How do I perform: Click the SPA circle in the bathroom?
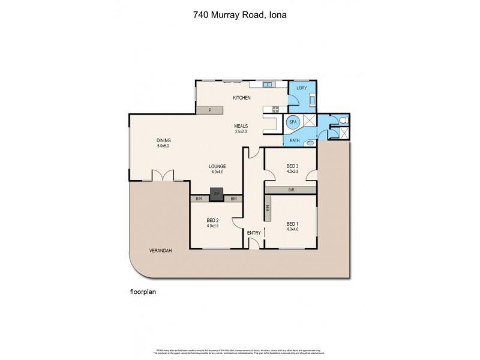(293, 122)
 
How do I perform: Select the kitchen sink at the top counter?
(268, 84)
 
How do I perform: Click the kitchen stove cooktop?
(277, 109)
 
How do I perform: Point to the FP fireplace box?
(217, 193)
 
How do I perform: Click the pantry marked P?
(209, 110)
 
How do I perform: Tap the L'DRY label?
(301, 89)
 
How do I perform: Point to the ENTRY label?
(254, 232)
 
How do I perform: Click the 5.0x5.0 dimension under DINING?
(164, 146)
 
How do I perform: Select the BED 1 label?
(292, 223)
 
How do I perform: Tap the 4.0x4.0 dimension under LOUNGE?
(217, 172)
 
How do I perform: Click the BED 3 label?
(292, 166)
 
